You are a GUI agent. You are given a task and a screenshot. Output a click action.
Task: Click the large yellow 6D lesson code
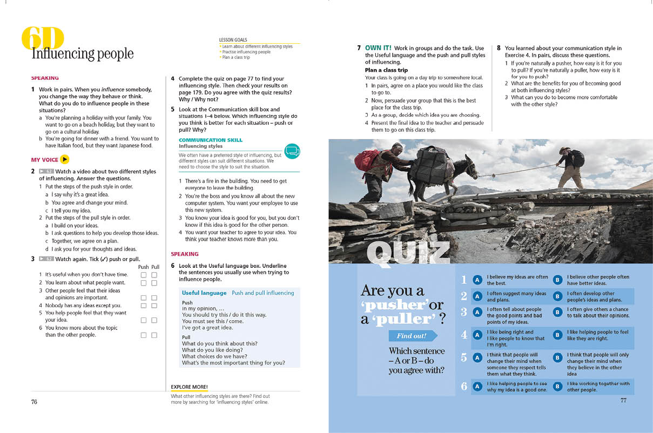(43, 38)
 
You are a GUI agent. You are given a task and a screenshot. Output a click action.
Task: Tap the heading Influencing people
(82, 54)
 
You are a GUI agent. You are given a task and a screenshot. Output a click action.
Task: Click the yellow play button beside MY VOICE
(65, 159)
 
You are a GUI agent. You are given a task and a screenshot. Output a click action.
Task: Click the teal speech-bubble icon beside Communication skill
(292, 151)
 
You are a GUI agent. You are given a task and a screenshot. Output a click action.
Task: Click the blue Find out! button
(412, 336)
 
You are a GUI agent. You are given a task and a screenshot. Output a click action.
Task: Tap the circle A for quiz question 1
(477, 280)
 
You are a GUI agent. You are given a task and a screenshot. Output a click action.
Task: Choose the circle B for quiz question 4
(557, 335)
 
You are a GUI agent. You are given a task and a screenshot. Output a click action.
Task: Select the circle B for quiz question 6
(557, 387)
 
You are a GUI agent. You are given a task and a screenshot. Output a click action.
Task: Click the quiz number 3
(463, 312)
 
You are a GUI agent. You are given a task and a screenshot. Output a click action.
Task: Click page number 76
(34, 402)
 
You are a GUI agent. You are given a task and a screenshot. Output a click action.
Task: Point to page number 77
(623, 400)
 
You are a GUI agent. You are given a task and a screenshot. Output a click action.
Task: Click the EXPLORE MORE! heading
(189, 387)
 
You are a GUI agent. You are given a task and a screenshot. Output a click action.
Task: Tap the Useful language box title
(204, 293)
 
